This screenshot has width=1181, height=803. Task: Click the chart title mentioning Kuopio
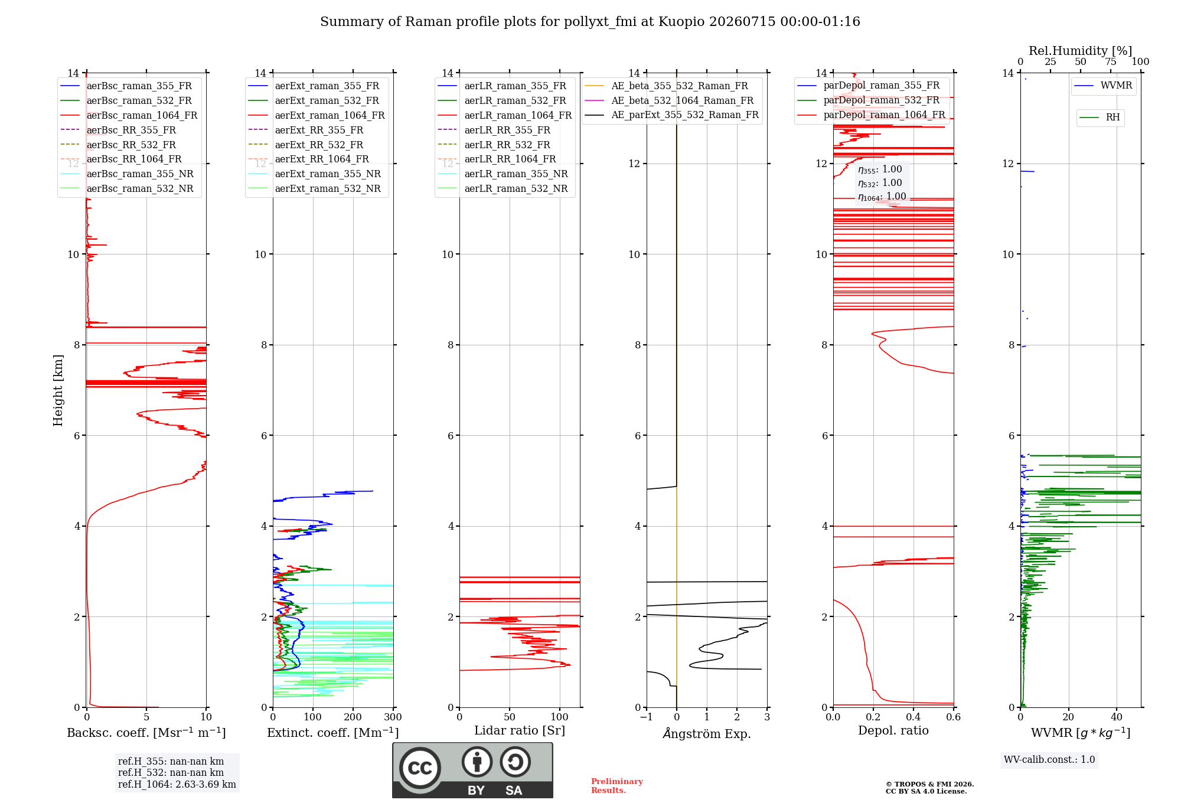click(x=590, y=22)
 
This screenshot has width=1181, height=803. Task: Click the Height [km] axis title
click(x=58, y=390)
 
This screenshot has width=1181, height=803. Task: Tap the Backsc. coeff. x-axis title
click(x=146, y=733)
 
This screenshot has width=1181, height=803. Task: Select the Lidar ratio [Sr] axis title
click(x=520, y=731)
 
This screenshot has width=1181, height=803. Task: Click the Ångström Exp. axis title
click(x=707, y=733)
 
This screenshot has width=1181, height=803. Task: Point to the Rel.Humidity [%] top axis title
click(x=1081, y=51)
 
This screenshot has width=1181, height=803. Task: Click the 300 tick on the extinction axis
click(x=393, y=717)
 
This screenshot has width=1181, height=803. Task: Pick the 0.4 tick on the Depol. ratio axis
click(x=914, y=717)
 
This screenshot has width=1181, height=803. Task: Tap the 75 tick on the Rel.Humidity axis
click(x=1111, y=62)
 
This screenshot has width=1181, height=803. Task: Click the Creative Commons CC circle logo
click(x=420, y=768)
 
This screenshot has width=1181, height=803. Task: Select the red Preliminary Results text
click(x=617, y=786)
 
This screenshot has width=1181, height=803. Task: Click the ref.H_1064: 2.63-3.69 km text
click(x=177, y=785)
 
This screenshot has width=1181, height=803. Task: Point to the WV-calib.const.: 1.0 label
click(x=1049, y=760)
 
